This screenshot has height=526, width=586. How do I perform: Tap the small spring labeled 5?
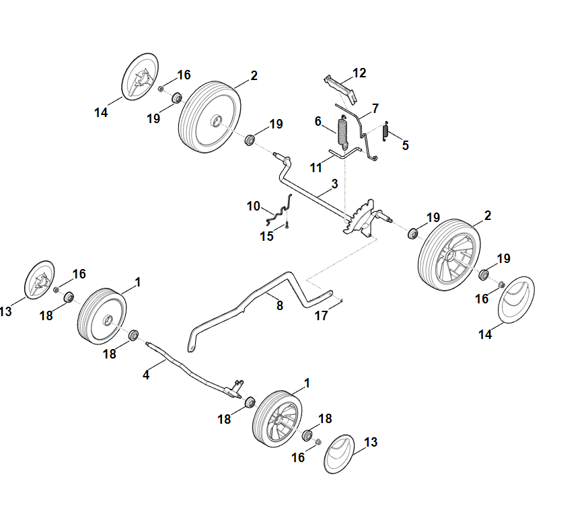(x=386, y=130)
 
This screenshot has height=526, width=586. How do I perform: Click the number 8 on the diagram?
(x=279, y=305)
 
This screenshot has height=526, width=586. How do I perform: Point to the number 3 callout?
(x=334, y=184)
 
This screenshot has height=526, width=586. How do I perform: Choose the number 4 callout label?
(x=146, y=375)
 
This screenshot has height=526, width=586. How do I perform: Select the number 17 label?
(x=322, y=315)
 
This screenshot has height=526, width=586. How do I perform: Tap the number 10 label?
(x=253, y=206)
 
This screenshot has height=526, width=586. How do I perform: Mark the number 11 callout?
(x=316, y=167)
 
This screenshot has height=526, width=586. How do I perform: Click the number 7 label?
(x=375, y=108)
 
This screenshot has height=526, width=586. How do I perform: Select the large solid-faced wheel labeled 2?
(x=210, y=114)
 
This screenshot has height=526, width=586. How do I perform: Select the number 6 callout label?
(x=318, y=121)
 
